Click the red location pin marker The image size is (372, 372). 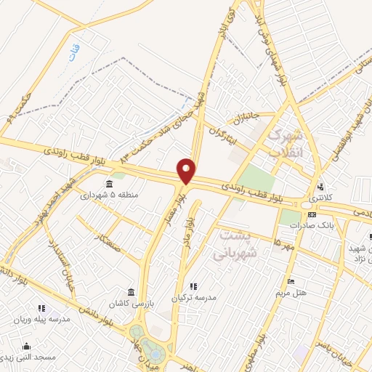click(x=187, y=171)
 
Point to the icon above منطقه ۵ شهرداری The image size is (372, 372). click(x=109, y=183)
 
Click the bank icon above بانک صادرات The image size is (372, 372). click(x=312, y=214)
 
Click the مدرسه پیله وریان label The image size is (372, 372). click(x=45, y=319)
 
